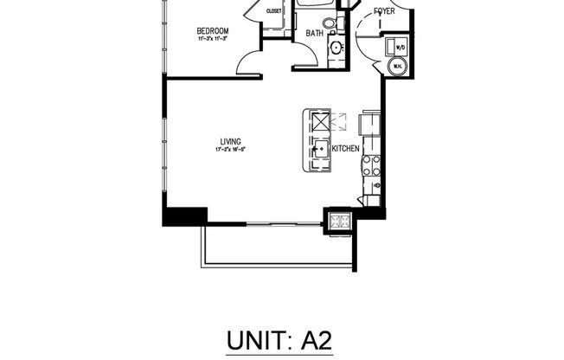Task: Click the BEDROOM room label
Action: click(212, 31)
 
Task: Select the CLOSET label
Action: click(273, 11)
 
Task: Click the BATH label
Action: click(314, 34)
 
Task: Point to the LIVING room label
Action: click(229, 141)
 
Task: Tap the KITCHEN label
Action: click(345, 149)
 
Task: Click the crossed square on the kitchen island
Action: click(320, 123)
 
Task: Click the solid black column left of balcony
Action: click(184, 216)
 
